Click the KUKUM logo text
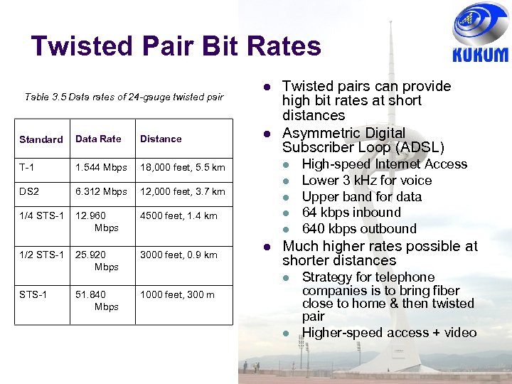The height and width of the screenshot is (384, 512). click(x=480, y=55)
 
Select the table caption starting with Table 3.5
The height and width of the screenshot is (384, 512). click(x=124, y=97)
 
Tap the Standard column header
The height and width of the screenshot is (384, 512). click(x=41, y=139)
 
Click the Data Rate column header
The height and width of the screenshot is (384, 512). click(x=98, y=139)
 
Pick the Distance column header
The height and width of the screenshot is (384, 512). click(x=161, y=139)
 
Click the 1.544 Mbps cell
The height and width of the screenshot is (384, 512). click(x=101, y=167)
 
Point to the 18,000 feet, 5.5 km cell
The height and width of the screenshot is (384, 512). click(x=182, y=167)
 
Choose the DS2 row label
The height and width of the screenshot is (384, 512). click(x=30, y=191)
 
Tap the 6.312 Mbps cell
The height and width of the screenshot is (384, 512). click(x=101, y=191)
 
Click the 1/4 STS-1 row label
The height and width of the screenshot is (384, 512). click(x=42, y=215)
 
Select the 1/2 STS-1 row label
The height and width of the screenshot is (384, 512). click(x=42, y=255)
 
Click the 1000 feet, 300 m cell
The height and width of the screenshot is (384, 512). click(x=177, y=294)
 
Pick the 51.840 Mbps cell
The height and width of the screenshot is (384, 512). click(x=100, y=300)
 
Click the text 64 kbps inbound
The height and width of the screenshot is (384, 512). click(x=351, y=213)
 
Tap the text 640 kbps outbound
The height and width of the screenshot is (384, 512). click(x=359, y=229)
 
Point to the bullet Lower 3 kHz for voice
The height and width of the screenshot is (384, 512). click(x=367, y=181)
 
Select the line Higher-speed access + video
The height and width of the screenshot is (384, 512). click(x=389, y=333)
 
